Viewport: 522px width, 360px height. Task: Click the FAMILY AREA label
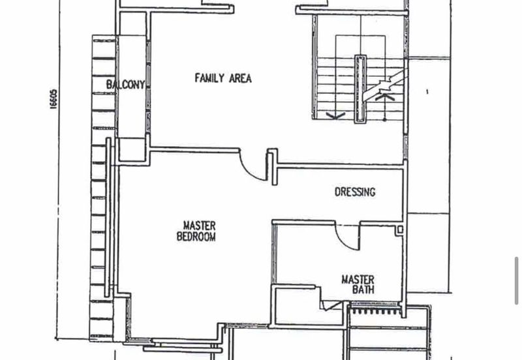pyautogui.click(x=223, y=78)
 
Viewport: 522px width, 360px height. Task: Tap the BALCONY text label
pyautogui.click(x=125, y=85)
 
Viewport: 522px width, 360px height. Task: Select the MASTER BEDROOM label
pyautogui.click(x=196, y=232)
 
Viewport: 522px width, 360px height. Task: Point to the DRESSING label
pyautogui.click(x=355, y=192)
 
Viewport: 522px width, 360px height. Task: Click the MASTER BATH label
pyautogui.click(x=358, y=284)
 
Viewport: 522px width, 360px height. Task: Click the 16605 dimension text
pyautogui.click(x=54, y=99)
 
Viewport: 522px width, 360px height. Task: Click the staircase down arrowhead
pyautogui.click(x=335, y=116)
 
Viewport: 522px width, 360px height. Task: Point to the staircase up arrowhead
pyautogui.click(x=385, y=96)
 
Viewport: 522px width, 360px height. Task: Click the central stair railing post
pyautogui.click(x=360, y=89)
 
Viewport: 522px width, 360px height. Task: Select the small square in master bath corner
pyautogui.click(x=400, y=230)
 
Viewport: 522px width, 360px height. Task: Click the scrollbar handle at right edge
pyautogui.click(x=517, y=281)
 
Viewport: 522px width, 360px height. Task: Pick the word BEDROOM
pyautogui.click(x=196, y=237)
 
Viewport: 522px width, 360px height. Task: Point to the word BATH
pyautogui.click(x=363, y=290)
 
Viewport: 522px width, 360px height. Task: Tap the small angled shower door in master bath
pyautogui.click(x=331, y=305)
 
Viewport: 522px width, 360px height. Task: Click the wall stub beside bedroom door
pyautogui.click(x=273, y=167)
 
